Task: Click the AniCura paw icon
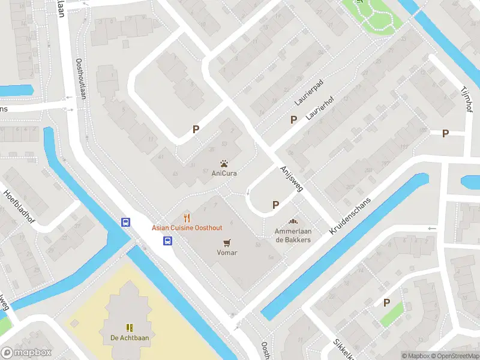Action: click(x=224, y=163)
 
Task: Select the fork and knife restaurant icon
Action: click(x=187, y=218)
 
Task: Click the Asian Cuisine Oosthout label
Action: click(x=187, y=228)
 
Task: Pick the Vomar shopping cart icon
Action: click(x=227, y=242)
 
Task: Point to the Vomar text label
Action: click(x=227, y=253)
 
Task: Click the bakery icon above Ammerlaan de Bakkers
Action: click(x=293, y=221)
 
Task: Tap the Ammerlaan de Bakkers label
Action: click(x=293, y=235)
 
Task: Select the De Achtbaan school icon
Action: click(x=129, y=327)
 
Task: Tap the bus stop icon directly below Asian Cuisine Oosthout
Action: click(x=167, y=241)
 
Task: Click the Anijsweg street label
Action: click(x=292, y=179)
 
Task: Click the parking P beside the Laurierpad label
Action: click(x=293, y=119)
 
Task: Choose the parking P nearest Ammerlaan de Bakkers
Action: click(x=275, y=205)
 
